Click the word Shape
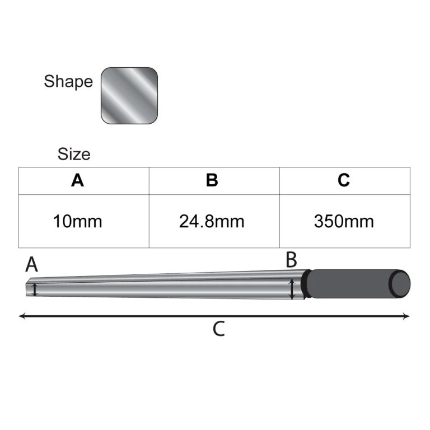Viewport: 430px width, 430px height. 68,81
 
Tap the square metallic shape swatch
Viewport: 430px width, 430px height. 129,96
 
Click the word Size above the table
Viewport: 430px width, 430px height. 74,154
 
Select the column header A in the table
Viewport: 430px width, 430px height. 77,180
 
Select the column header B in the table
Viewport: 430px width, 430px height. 212,180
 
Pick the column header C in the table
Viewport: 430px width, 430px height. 344,180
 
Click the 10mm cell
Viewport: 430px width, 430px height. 78,221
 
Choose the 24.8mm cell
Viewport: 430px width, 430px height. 212,221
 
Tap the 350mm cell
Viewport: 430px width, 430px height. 344,221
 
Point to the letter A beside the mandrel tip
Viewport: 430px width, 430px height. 31,265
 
